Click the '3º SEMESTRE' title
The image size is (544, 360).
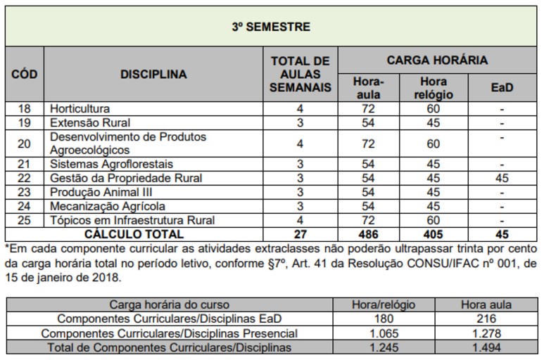click(271, 27)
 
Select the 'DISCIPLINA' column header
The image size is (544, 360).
click(153, 74)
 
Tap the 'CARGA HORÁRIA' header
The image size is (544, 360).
click(436, 60)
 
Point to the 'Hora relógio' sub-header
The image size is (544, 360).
click(433, 88)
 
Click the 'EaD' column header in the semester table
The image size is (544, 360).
click(502, 88)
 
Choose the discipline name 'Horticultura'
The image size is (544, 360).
click(80, 109)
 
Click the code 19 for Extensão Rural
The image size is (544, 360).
click(25, 123)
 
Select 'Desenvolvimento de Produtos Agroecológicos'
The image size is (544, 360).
click(127, 143)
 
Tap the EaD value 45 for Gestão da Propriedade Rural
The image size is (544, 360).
click(502, 179)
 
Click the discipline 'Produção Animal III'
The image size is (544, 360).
click(101, 192)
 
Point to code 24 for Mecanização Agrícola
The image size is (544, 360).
click(25, 206)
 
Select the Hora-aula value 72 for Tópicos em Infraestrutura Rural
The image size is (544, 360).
click(368, 220)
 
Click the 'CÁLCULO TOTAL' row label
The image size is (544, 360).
click(134, 234)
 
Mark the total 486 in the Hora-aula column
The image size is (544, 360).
click(368, 234)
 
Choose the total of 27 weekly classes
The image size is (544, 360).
click(300, 234)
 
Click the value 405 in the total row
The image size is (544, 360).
click(433, 234)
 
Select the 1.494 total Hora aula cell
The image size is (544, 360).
click(486, 347)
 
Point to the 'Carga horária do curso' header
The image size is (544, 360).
click(169, 305)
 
